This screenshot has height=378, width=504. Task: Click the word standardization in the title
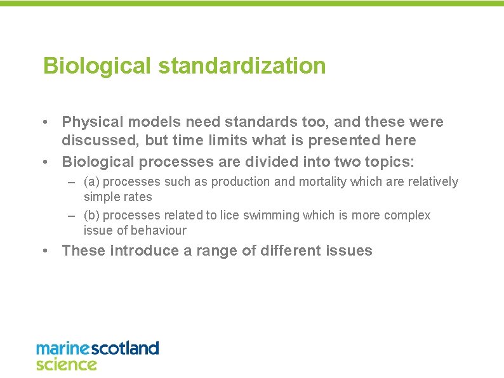point(238,66)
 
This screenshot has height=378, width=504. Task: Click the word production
point(239,182)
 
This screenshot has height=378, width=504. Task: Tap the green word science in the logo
point(66,364)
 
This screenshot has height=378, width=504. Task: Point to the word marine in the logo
point(63,348)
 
